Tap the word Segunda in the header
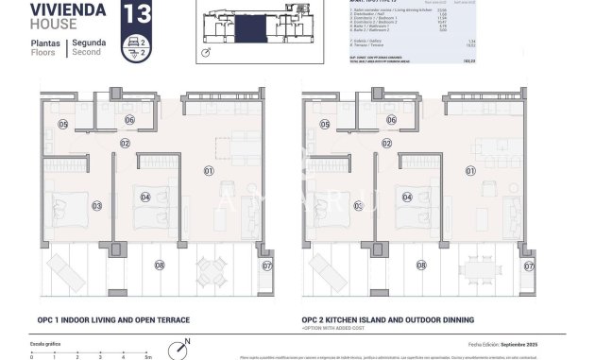(x=88, y=43)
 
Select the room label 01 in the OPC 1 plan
(x=208, y=171)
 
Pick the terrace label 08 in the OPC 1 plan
(x=159, y=266)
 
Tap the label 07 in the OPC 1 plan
(x=267, y=266)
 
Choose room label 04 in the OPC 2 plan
(x=407, y=197)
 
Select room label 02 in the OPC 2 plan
(x=386, y=144)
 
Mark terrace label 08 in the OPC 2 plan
(x=421, y=266)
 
